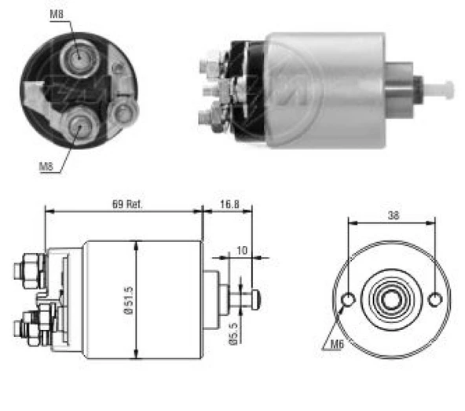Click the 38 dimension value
coord(392,215)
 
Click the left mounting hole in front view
coord(349,299)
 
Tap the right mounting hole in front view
coord(436,299)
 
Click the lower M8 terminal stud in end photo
coord(79,123)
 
